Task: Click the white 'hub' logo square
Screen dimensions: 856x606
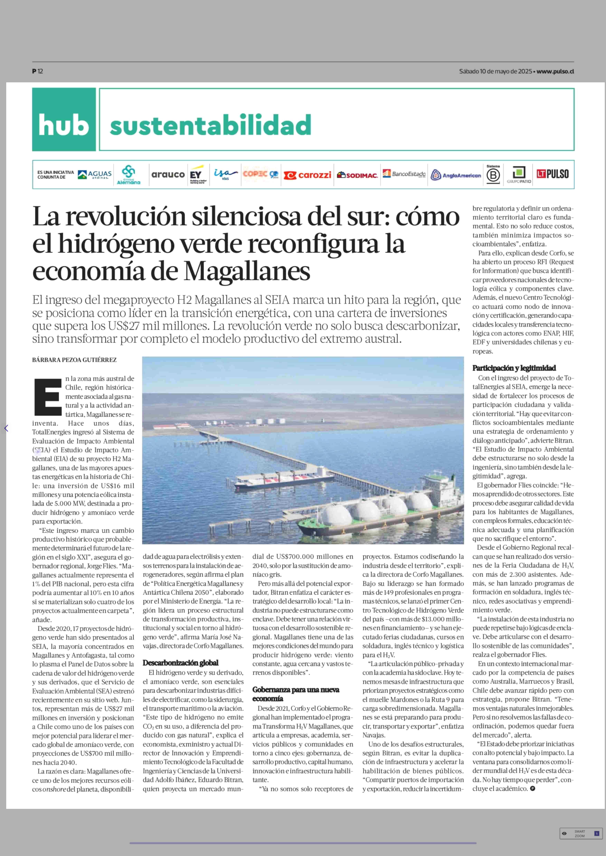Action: coord(64,119)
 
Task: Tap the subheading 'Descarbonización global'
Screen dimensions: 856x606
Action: coord(180,663)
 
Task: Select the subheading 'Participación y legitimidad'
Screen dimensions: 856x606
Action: coord(514,368)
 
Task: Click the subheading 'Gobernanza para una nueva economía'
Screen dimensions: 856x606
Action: coord(296,694)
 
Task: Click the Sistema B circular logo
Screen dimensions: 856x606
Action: coord(493,175)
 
